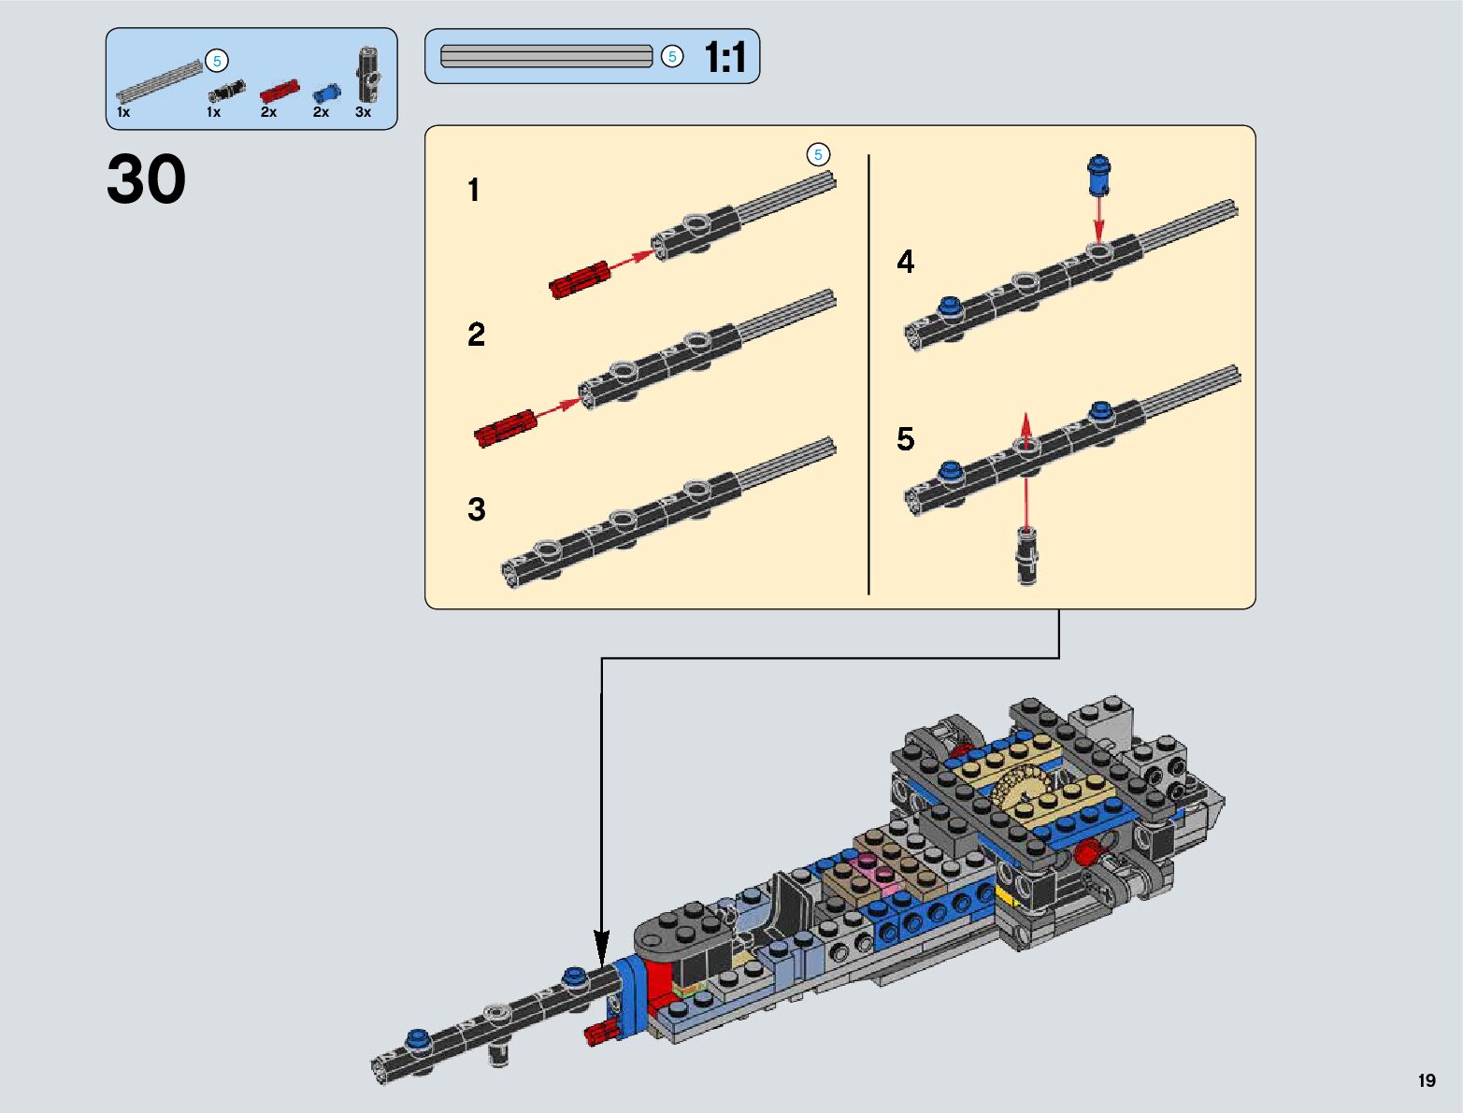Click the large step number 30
tap(146, 179)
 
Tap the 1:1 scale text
tap(724, 57)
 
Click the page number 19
tap(1426, 1080)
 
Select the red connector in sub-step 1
tap(580, 278)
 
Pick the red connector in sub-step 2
tap(505, 427)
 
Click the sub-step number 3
tap(477, 509)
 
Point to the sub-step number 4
tap(905, 262)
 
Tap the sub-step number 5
tap(905, 439)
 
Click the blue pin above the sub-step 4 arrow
tap(1098, 175)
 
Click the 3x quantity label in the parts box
tap(363, 112)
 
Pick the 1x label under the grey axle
tap(123, 112)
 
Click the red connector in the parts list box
tap(279, 91)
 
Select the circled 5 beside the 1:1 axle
tap(671, 57)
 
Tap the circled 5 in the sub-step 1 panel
tap(818, 154)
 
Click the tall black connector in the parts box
tap(367, 74)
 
